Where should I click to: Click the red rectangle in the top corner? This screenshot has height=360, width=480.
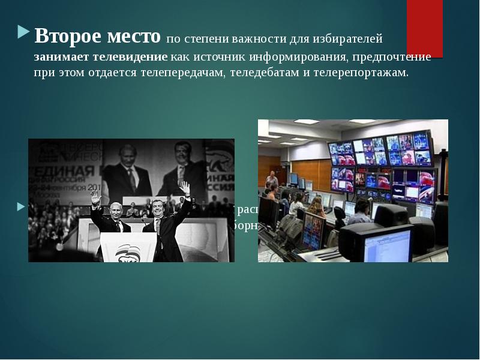tap(424, 27)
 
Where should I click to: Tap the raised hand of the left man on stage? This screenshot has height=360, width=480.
tap(94, 196)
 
